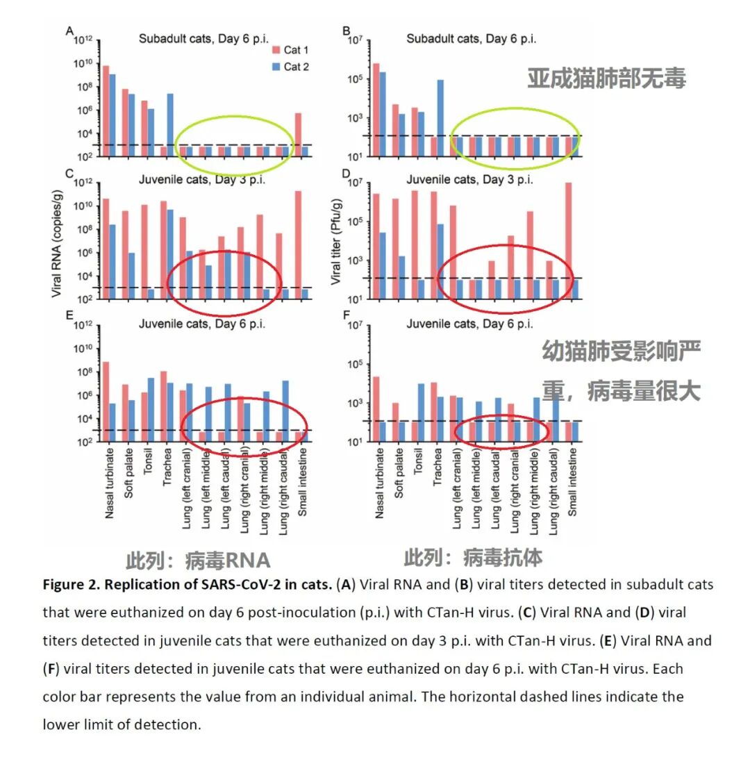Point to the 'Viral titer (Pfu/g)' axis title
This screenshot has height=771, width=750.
[337, 242]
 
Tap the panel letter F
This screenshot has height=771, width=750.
[347, 317]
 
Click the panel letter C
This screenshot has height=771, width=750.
[69, 174]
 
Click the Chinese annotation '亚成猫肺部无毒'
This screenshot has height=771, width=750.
[606, 78]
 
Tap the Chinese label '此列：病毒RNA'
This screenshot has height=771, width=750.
[198, 561]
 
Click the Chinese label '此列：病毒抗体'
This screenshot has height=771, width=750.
[474, 557]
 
